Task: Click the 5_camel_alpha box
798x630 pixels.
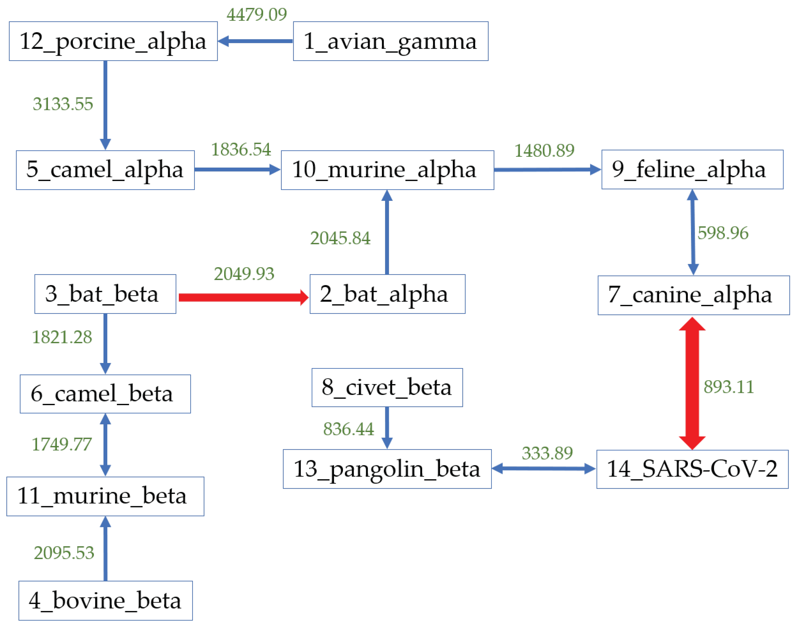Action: click(105, 170)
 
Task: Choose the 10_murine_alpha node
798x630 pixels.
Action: click(387, 170)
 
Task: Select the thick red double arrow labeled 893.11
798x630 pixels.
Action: click(692, 383)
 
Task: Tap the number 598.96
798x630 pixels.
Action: click(722, 233)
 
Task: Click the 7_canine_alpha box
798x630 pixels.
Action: click(693, 295)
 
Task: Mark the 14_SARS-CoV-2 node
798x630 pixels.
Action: click(692, 469)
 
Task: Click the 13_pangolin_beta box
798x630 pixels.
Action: click(387, 469)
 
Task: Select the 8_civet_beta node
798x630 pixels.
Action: click(387, 388)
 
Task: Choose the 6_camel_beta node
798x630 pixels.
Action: click(105, 394)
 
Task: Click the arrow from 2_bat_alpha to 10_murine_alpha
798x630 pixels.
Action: click(387, 232)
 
